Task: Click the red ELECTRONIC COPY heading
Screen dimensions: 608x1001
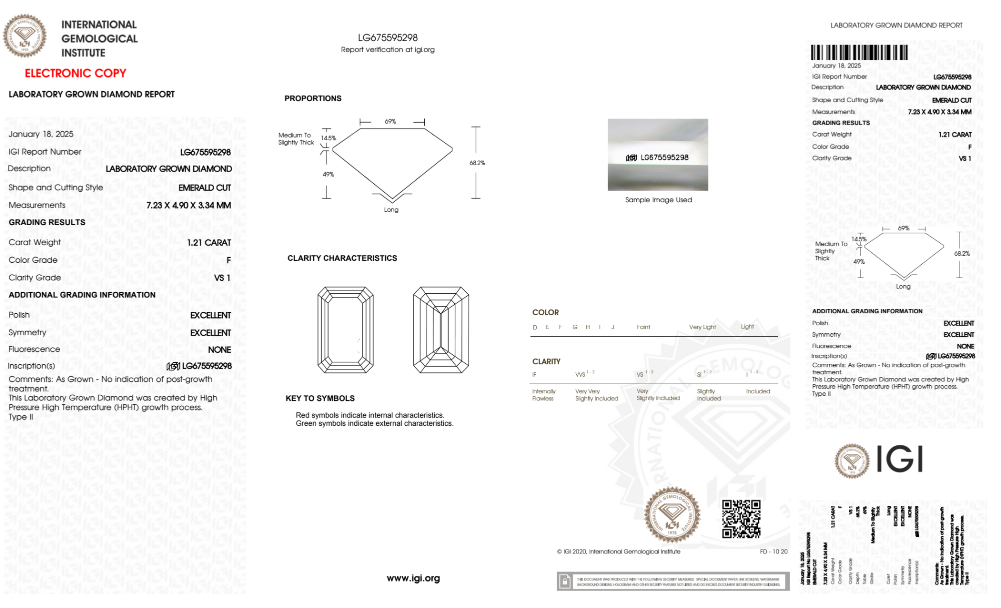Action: click(x=76, y=73)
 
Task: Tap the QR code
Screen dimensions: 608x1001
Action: click(x=741, y=518)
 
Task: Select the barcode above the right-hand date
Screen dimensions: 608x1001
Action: click(x=859, y=53)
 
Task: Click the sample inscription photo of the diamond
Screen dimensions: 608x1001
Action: click(x=657, y=155)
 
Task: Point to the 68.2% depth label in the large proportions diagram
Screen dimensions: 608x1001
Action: click(x=477, y=163)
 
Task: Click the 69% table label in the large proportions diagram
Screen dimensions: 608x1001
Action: click(x=390, y=122)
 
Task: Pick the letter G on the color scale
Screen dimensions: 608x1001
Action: click(x=575, y=327)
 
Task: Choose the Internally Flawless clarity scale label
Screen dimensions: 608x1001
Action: click(x=543, y=395)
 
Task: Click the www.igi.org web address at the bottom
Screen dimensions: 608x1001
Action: click(x=413, y=578)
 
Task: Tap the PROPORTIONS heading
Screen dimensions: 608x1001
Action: click(x=313, y=99)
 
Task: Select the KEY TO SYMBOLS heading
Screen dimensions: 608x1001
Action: click(x=320, y=398)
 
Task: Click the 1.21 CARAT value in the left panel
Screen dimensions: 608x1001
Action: click(x=209, y=243)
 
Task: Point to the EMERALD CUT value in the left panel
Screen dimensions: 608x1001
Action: click(x=205, y=188)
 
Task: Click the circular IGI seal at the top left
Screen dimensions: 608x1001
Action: click(x=25, y=36)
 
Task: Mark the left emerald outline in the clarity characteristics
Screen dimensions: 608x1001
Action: click(x=345, y=330)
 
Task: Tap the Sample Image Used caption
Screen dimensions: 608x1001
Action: click(x=658, y=200)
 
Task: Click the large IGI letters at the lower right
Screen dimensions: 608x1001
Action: click(x=899, y=459)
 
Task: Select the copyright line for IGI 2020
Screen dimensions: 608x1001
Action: click(x=618, y=551)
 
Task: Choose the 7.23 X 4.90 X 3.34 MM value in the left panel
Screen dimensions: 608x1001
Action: click(x=189, y=205)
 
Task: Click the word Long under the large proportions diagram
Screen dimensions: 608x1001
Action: click(x=391, y=210)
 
